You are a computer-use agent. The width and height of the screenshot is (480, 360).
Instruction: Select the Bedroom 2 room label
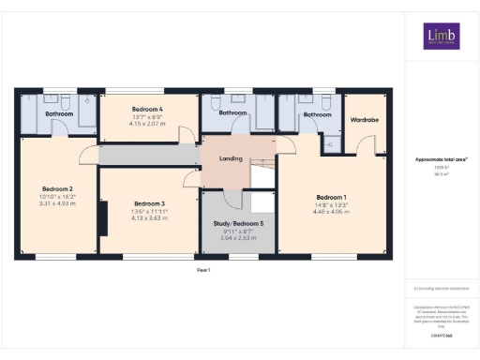[x=56, y=189]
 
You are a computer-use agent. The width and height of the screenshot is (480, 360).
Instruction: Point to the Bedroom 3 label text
[x=149, y=203]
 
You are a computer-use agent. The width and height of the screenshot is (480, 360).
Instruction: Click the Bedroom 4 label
[x=148, y=110]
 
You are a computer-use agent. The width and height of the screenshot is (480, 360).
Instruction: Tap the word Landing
[x=232, y=158]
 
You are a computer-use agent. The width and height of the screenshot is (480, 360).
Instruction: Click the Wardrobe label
[x=364, y=120]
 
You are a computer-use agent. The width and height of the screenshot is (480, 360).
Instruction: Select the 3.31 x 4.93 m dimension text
[x=56, y=203]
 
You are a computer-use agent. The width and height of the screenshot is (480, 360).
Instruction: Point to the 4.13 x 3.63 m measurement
[x=149, y=218]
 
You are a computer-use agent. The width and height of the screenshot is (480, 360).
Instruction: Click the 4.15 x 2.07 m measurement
[x=148, y=125]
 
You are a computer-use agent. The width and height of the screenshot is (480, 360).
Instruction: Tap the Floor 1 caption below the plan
[x=203, y=270]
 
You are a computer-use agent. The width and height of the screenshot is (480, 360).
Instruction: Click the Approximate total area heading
[x=442, y=159]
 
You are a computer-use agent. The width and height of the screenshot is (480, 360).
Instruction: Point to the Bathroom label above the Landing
[x=232, y=113]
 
